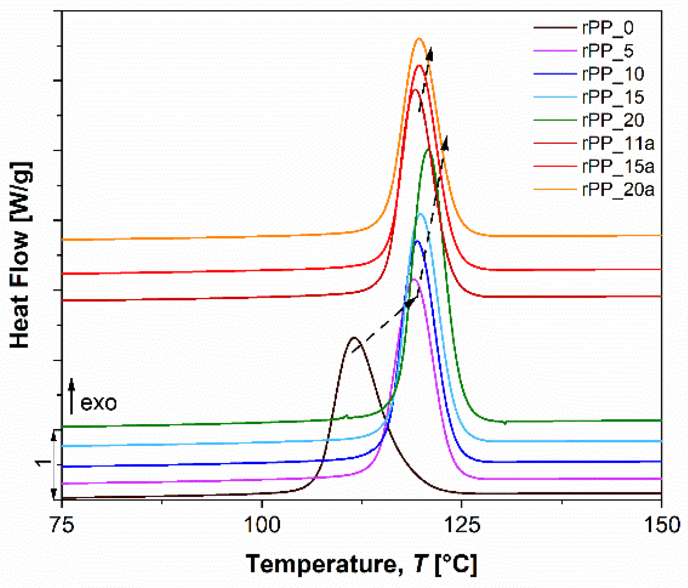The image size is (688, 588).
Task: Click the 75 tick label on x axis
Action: [61, 525]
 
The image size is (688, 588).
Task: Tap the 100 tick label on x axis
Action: [262, 525]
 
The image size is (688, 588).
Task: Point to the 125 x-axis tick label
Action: [462, 525]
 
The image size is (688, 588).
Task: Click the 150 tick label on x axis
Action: [662, 525]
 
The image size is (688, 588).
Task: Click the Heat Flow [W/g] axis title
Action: [20, 255]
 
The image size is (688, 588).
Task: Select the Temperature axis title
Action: [361, 564]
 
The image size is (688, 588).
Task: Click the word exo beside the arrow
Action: [98, 403]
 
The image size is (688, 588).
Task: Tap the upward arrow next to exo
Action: [72, 396]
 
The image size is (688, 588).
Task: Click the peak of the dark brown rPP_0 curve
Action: [354, 338]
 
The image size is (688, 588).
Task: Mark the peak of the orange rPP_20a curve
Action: [419, 38]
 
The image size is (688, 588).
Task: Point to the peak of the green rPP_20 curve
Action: [428, 149]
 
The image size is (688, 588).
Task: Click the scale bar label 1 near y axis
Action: [43, 463]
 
